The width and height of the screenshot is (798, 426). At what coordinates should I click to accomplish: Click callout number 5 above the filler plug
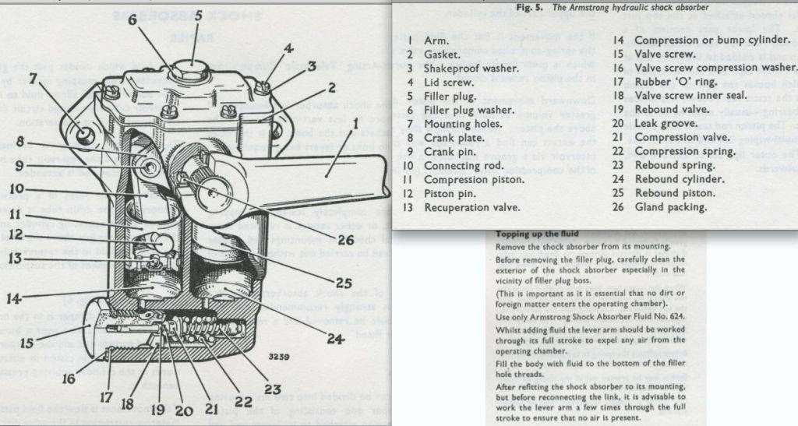pos(197,16)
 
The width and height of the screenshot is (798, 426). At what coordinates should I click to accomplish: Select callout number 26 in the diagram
pos(345,241)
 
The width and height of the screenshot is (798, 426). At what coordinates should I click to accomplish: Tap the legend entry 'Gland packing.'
pos(671,207)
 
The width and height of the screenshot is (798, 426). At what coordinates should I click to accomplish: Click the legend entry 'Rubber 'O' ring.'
pos(675,82)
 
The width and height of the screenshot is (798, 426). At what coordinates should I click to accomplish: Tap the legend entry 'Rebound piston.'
pos(675,193)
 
